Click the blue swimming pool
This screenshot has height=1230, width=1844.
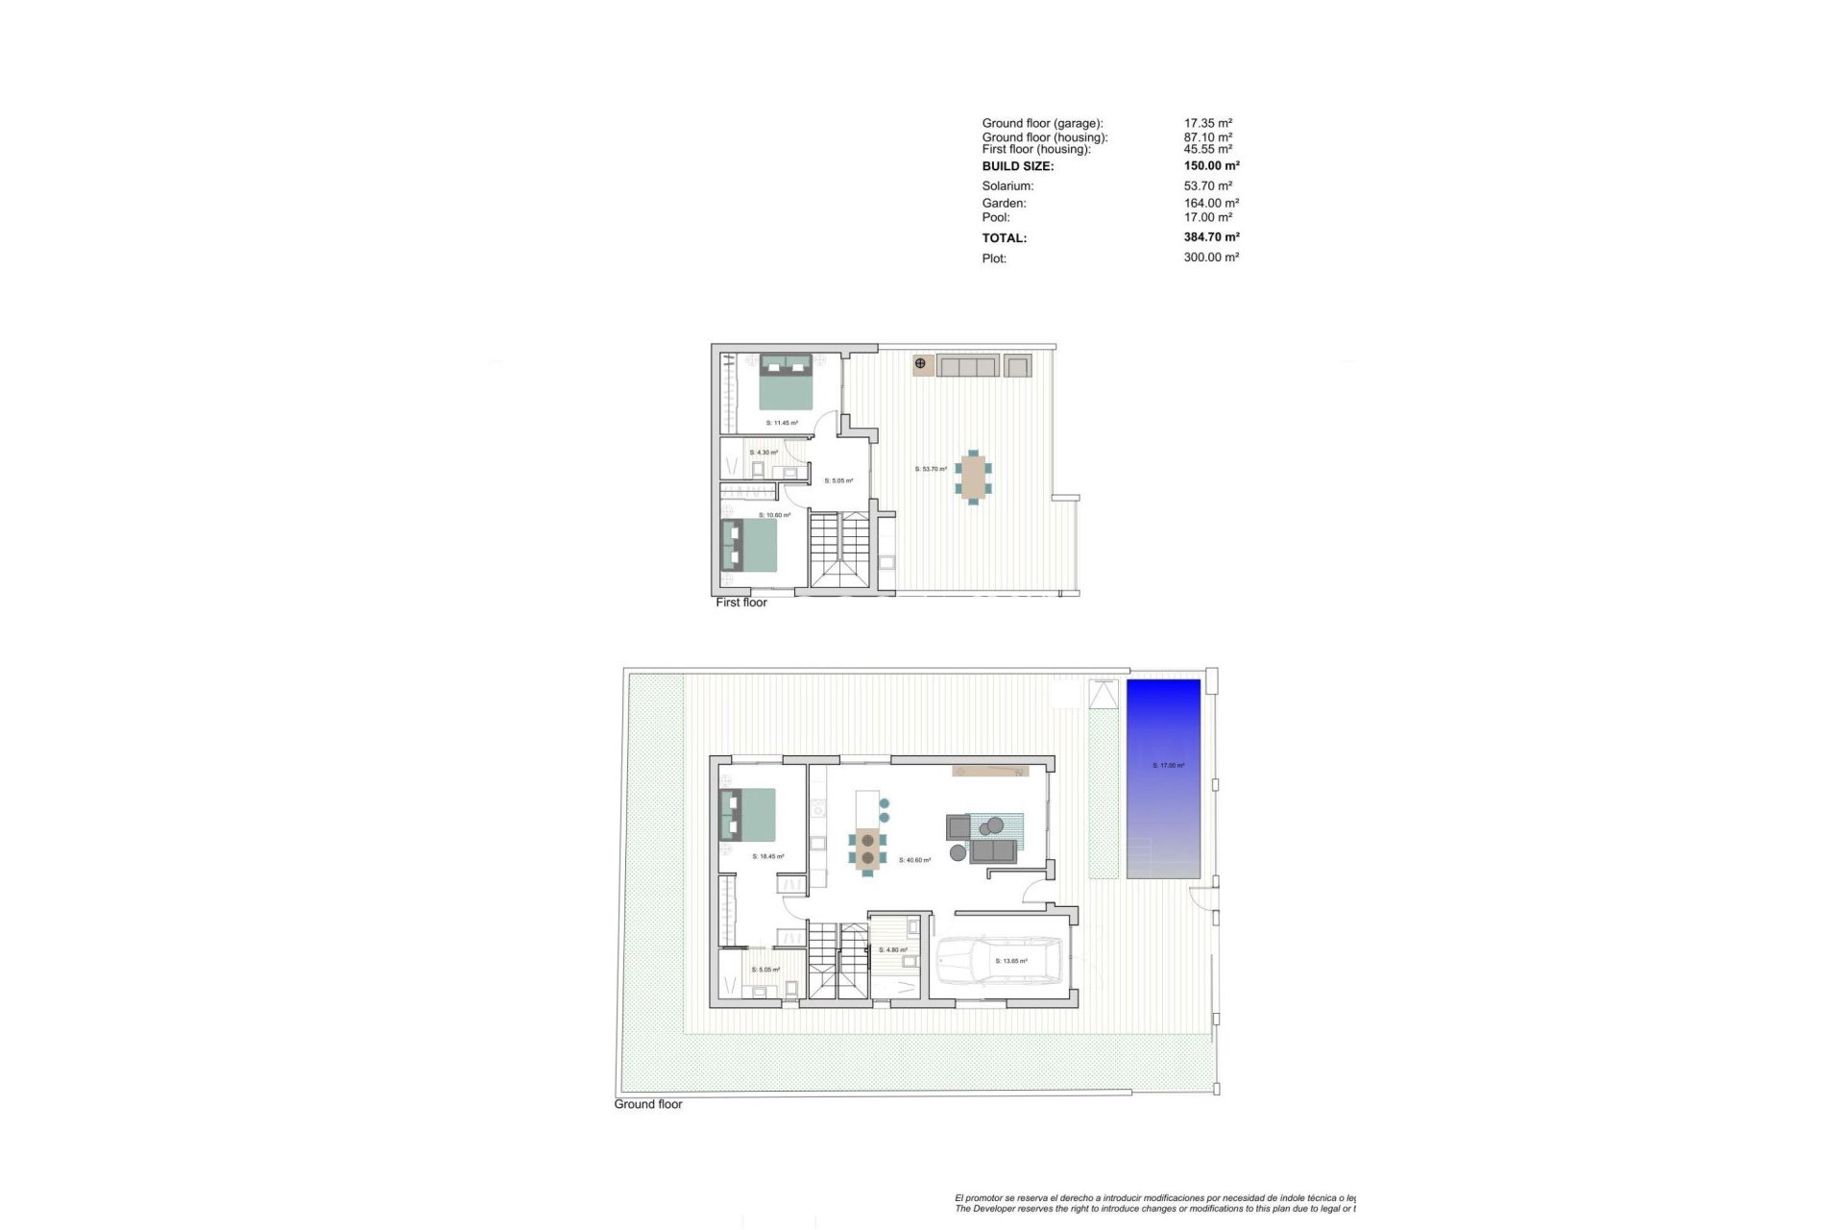click(x=1163, y=778)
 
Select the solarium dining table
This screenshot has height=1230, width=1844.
click(x=974, y=477)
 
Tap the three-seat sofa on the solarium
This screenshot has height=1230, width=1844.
click(x=967, y=365)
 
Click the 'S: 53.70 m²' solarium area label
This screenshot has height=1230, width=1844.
click(x=931, y=469)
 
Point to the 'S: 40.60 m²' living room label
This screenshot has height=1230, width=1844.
click(x=914, y=860)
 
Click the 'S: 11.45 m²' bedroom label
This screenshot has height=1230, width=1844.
click(x=782, y=423)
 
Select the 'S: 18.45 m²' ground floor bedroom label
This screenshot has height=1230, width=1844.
click(x=768, y=856)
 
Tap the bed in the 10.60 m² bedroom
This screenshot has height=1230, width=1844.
click(x=749, y=546)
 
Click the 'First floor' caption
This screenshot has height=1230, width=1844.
click(x=741, y=603)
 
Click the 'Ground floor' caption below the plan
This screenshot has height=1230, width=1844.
click(x=648, y=1104)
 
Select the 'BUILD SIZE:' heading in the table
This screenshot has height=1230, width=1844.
click(x=1017, y=166)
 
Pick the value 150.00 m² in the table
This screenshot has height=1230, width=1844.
click(x=1211, y=166)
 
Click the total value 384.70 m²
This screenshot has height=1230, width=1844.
click(x=1211, y=237)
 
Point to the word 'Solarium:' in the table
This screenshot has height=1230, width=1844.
click(x=1007, y=186)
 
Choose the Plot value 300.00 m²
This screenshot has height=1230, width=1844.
click(x=1211, y=258)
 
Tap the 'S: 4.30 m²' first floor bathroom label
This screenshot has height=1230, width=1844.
click(x=764, y=453)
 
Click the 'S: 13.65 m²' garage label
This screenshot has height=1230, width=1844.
click(x=1011, y=961)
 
